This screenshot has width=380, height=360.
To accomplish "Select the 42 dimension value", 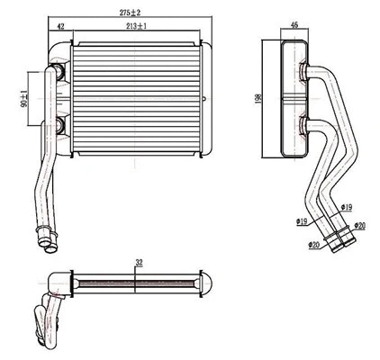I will pyautogui.click(x=59, y=29).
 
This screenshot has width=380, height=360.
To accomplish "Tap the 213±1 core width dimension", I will pyautogui.click(x=137, y=29).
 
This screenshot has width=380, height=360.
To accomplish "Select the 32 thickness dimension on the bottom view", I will pyautogui.click(x=138, y=263).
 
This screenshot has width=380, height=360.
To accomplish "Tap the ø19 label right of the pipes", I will pyautogui.click(x=348, y=207).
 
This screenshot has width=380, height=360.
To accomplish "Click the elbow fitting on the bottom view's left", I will pyautogui.click(x=56, y=286).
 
